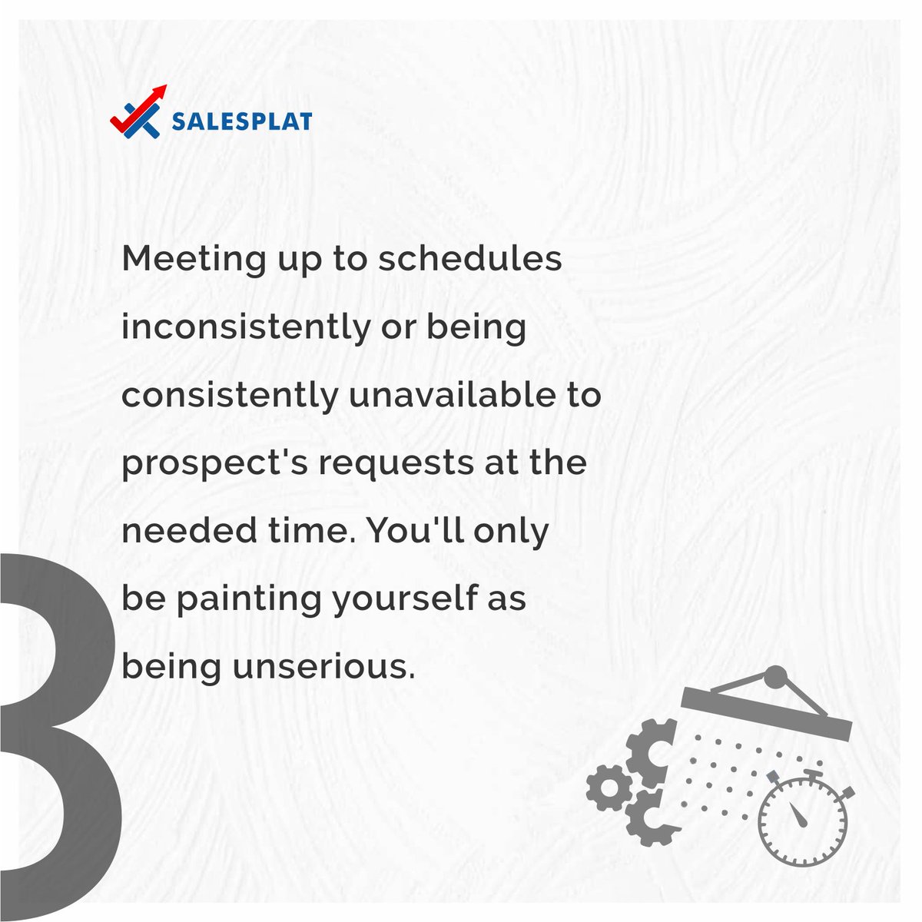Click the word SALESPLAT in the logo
241,121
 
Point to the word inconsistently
245,328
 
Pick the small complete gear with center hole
609,788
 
